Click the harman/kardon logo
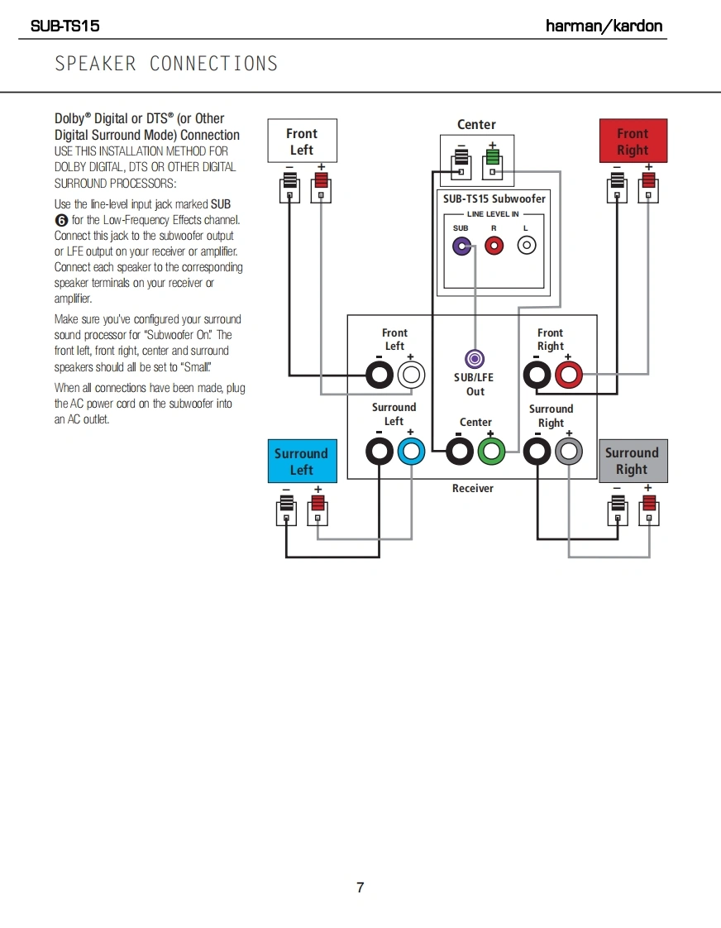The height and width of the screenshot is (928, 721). (x=604, y=26)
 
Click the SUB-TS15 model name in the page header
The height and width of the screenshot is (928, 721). (x=64, y=26)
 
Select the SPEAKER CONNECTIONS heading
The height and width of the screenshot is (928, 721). (x=166, y=64)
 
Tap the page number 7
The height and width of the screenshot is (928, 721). (x=360, y=887)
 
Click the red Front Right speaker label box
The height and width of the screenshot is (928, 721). (x=633, y=141)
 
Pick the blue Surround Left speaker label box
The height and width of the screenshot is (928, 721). (x=302, y=462)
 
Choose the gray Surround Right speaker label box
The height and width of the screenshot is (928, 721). (x=632, y=461)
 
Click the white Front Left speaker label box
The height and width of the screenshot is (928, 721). (x=302, y=141)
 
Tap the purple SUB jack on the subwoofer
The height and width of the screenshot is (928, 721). (x=461, y=246)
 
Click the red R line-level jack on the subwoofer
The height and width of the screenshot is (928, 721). (x=494, y=246)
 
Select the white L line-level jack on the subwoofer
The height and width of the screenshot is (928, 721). (x=526, y=246)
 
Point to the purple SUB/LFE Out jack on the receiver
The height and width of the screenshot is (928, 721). (x=475, y=358)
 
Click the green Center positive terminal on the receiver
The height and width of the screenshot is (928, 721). (x=491, y=452)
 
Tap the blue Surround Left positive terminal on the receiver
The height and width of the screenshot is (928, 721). (x=411, y=452)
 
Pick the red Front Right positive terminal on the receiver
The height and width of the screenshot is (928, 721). (x=569, y=376)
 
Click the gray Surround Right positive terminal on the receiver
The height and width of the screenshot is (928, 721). (x=569, y=452)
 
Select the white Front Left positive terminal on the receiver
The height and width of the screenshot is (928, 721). (x=411, y=376)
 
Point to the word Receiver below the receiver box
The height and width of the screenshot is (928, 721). (x=473, y=489)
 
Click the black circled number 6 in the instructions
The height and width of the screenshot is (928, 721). (x=60, y=220)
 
